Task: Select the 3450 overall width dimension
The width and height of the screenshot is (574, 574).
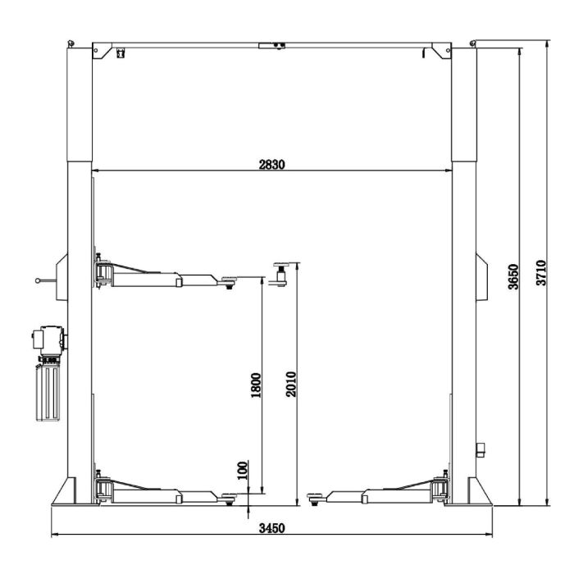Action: [271, 528]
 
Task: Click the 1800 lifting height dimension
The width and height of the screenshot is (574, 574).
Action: [256, 385]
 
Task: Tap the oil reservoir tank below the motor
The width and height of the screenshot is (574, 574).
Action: [48, 392]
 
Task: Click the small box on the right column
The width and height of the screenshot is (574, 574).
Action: [481, 448]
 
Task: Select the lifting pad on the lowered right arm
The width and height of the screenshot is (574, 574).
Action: [315, 494]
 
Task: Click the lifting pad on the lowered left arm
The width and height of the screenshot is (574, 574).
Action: [229, 494]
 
